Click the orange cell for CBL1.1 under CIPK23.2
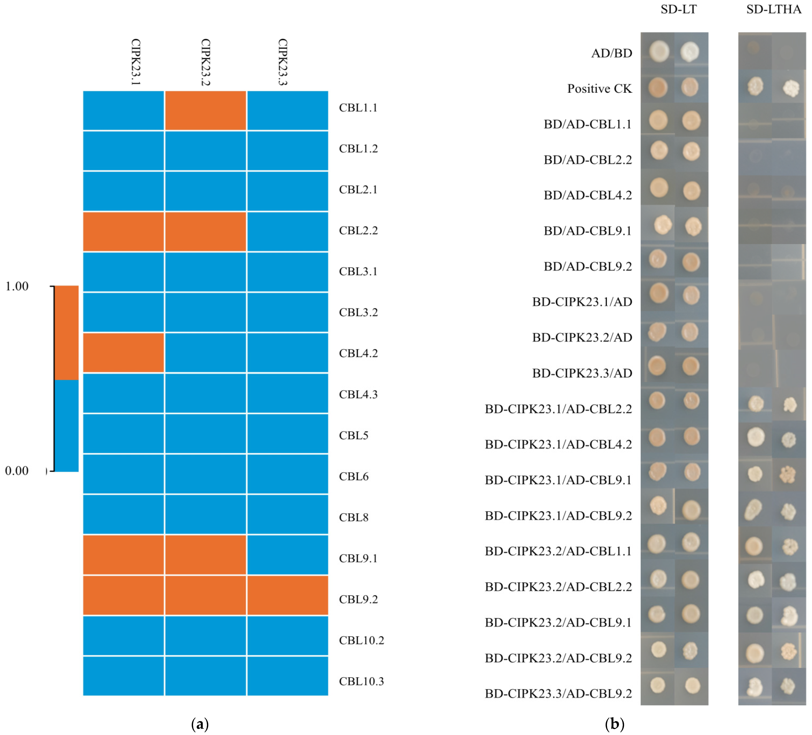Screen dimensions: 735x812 point(205,111)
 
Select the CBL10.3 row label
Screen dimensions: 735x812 point(361,681)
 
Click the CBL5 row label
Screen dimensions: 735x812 point(354,436)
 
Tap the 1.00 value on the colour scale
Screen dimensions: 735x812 point(17,287)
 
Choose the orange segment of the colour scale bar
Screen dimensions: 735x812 point(66,333)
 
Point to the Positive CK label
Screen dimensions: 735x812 point(599,89)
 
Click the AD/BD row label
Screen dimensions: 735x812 point(611,53)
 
